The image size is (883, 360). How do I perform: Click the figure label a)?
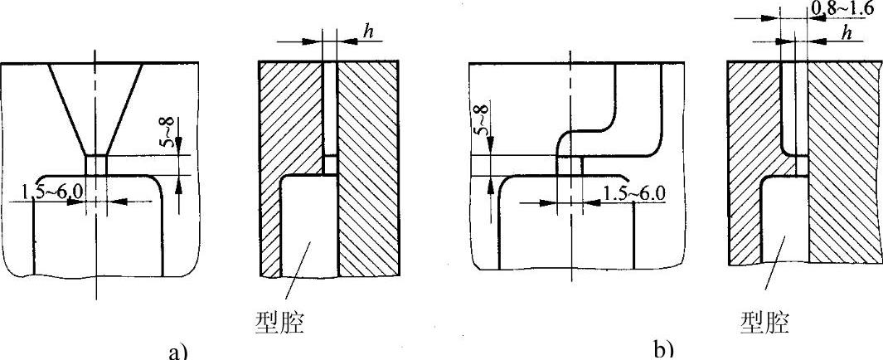pyautogui.click(x=178, y=351)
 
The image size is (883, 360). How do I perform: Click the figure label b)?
pyautogui.click(x=663, y=349)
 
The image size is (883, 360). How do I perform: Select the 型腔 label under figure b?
pyautogui.click(x=764, y=322)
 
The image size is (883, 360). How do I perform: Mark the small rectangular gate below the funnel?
pyautogui.click(x=95, y=164)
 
